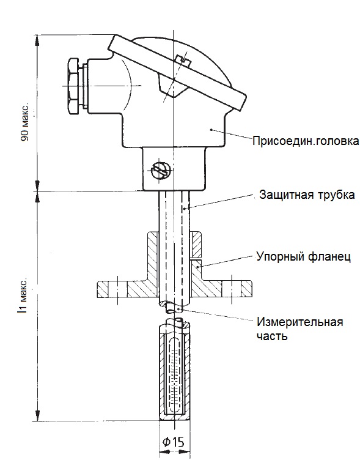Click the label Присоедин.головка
click(306, 141)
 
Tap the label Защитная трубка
click(307, 195)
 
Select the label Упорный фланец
click(303, 256)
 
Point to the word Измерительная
click(299, 322)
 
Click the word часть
click(272, 336)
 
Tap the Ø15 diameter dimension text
click(173, 441)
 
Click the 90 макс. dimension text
click(25, 122)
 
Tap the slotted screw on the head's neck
click(161, 171)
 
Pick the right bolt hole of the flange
click(232, 289)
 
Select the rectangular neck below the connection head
click(174, 169)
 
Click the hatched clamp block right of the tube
click(196, 244)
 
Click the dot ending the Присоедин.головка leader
click(211, 129)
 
